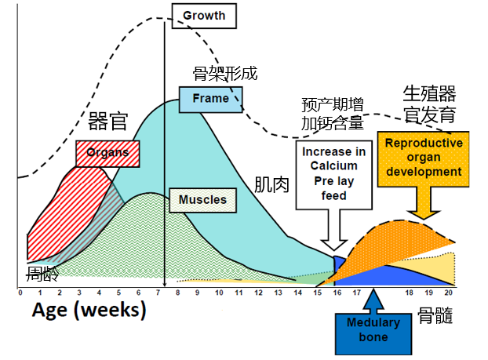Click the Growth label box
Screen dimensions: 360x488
tap(204, 15)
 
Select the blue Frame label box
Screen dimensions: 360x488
tap(210, 99)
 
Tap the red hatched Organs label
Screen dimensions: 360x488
tap(107, 153)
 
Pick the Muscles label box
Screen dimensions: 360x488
tap(202, 200)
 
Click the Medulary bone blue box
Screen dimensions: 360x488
tap(373, 329)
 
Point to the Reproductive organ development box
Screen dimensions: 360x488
tap(424, 158)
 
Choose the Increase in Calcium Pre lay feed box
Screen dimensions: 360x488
tap(333, 173)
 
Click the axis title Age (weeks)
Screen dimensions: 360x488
tap(89, 310)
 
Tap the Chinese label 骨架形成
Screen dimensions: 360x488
tap(225, 75)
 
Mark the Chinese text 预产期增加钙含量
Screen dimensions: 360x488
tap(333, 114)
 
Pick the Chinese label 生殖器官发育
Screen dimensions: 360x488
tap(429, 104)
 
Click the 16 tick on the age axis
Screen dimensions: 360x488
tap(337, 293)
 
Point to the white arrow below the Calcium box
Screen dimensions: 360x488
tap(333, 231)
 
